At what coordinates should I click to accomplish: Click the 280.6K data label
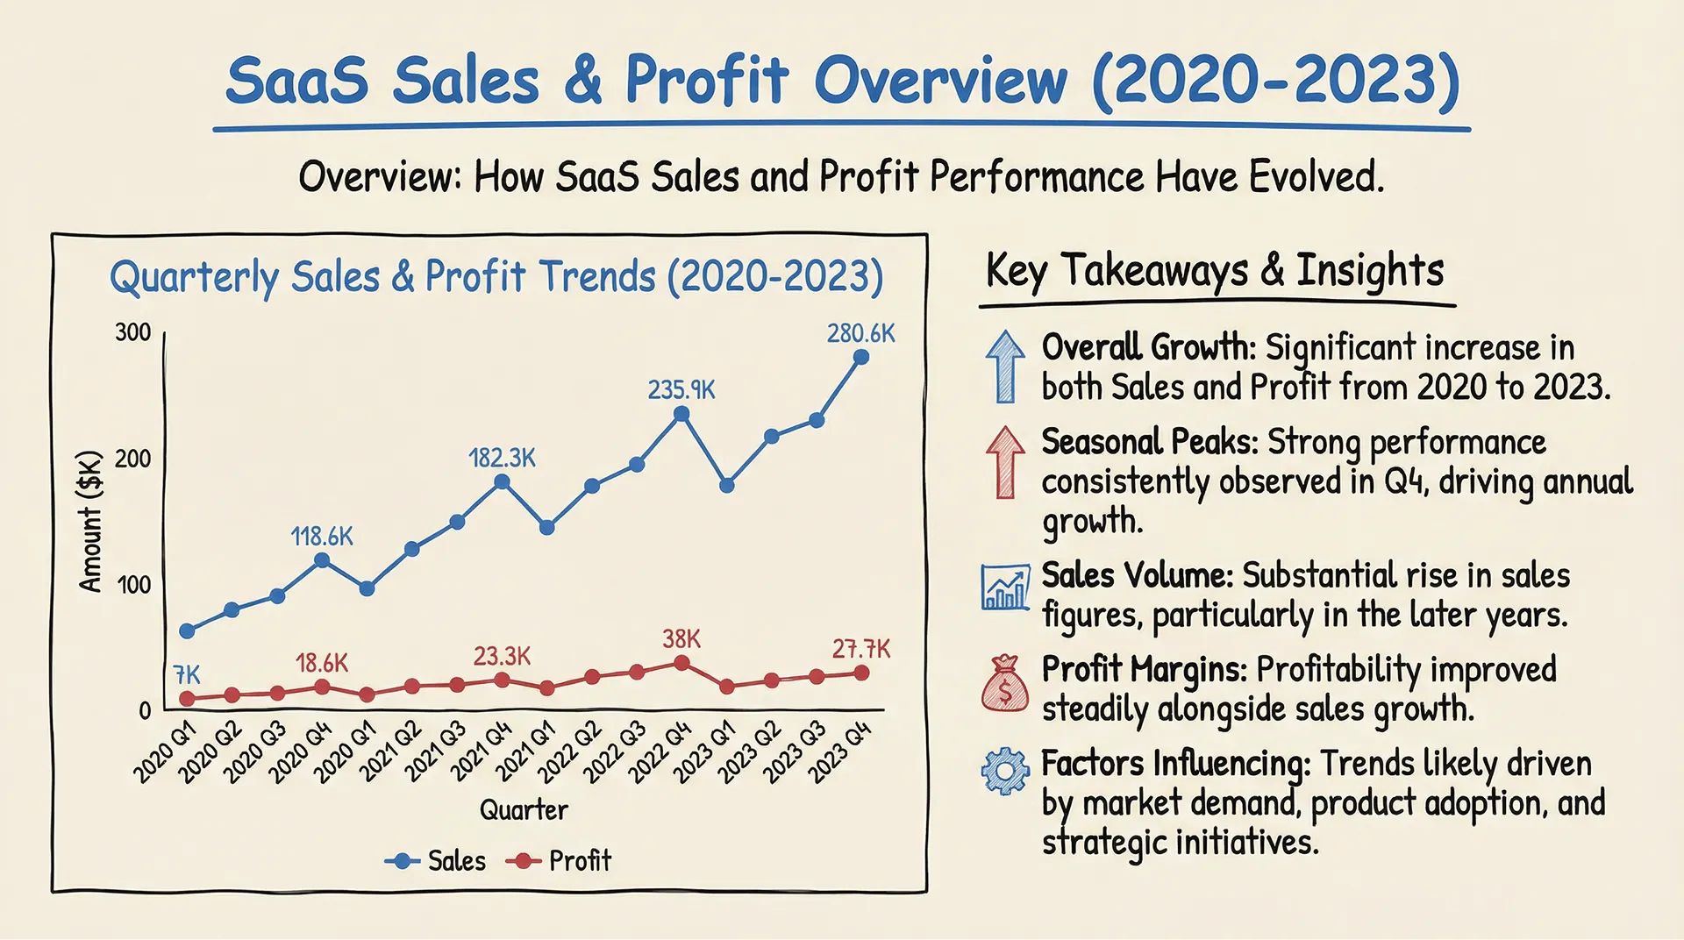(860, 333)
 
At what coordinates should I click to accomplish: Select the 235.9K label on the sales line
(681, 389)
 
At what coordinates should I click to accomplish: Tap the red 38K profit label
(681, 638)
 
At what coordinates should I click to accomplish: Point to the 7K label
(187, 674)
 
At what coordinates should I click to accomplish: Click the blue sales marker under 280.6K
(861, 357)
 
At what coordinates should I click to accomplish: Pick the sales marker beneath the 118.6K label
(322, 560)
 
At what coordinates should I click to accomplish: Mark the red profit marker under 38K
(681, 663)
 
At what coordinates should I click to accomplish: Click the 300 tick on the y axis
(132, 332)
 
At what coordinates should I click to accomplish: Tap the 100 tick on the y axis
(133, 585)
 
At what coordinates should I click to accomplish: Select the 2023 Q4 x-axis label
(839, 751)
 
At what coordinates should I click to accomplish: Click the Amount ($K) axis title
(90, 521)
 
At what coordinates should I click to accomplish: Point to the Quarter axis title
(524, 809)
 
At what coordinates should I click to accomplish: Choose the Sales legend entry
(435, 861)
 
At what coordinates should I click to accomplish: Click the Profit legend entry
(559, 861)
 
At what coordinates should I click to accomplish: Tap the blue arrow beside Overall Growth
(1005, 367)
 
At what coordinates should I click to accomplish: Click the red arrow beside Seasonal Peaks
(1005, 462)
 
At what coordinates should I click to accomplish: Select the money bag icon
(1005, 682)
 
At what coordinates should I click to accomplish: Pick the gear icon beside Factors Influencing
(1005, 771)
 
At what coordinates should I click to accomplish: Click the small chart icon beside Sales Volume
(1005, 587)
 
